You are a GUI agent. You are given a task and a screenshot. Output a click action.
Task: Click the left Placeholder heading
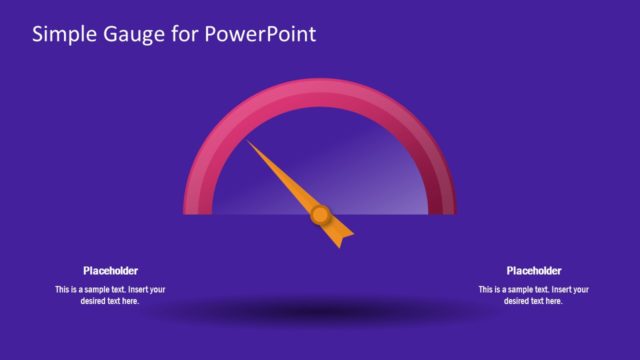[110, 270]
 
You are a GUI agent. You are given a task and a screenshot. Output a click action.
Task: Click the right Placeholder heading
[534, 270]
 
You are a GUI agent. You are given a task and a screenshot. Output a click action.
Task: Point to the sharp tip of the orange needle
[249, 144]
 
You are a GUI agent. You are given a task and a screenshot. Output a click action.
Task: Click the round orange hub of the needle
[320, 213]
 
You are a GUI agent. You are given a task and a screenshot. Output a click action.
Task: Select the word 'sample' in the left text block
[108, 290]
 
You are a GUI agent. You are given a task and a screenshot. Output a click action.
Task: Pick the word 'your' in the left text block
[156, 290]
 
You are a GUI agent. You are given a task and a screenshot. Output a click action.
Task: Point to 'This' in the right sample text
[487, 290]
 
